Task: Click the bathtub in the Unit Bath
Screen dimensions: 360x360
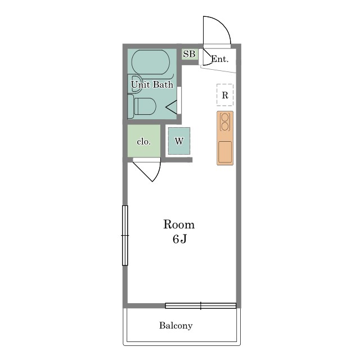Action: click(151, 62)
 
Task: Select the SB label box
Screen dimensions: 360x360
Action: click(190, 54)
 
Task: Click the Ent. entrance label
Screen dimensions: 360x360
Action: click(220, 59)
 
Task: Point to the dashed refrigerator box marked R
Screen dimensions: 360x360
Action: click(225, 95)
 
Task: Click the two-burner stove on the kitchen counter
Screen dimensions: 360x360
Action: click(225, 122)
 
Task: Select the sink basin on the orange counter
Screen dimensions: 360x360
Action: click(225, 152)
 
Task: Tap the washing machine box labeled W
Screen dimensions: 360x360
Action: click(179, 141)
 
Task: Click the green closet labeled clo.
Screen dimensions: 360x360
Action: click(144, 141)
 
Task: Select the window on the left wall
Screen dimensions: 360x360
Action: click(125, 235)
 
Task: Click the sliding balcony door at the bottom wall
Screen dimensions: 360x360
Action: click(201, 305)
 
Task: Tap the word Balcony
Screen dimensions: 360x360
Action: click(176, 325)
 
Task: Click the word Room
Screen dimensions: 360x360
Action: click(179, 224)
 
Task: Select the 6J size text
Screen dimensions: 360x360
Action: click(179, 239)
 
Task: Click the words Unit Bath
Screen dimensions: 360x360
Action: click(152, 84)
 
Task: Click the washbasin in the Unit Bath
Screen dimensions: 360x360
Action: click(134, 84)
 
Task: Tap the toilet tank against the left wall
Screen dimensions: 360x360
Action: click(130, 106)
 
